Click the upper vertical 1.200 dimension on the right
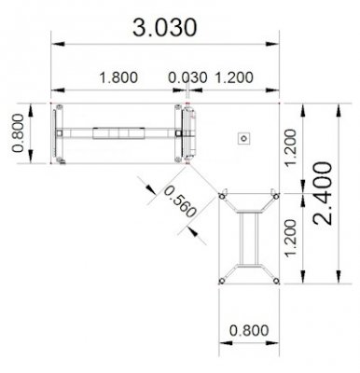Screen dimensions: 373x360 290,149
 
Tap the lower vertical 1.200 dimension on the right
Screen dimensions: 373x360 290,239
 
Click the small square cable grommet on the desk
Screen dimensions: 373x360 243,138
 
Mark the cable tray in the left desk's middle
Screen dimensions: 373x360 118,134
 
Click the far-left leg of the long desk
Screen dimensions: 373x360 61,134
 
